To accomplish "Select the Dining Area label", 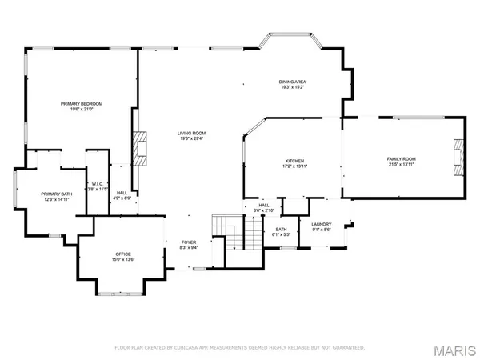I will click(x=292, y=82).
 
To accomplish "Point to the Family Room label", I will click(x=402, y=159).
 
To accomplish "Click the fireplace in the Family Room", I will click(x=458, y=155).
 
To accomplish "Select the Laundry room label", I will click(x=321, y=224).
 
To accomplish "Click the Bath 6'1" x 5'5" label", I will click(x=281, y=230).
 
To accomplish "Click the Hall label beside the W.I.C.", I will click(x=122, y=193).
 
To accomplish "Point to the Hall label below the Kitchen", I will click(x=263, y=206).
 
